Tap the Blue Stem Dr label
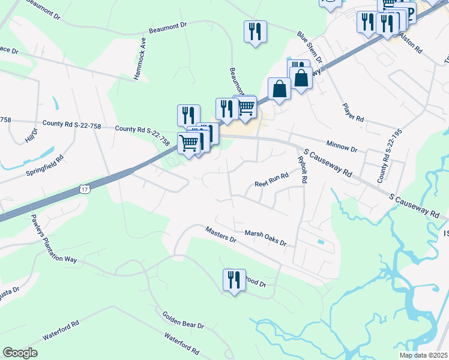pyautogui.click(x=310, y=46)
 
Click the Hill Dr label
pyautogui.click(x=30, y=135)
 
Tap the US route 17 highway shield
pyautogui.click(x=85, y=190)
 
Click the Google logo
pyautogui.click(x=20, y=353)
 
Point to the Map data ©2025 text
pyautogui.click(x=423, y=355)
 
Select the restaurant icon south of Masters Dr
pyautogui.click(x=234, y=280)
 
